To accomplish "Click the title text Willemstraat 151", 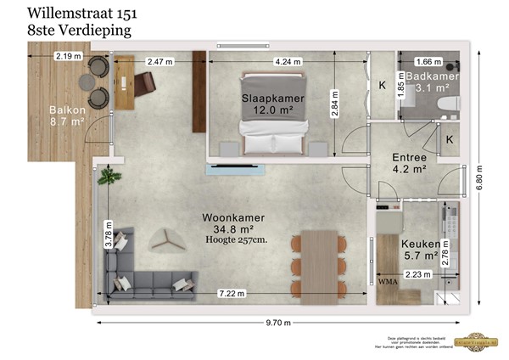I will click(81, 13).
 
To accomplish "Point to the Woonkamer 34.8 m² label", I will click(232, 223).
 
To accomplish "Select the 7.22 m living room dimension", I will click(231, 294).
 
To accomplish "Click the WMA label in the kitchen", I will click(388, 280).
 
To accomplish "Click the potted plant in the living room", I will click(108, 177).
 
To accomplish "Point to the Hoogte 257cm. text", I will click(234, 240).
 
